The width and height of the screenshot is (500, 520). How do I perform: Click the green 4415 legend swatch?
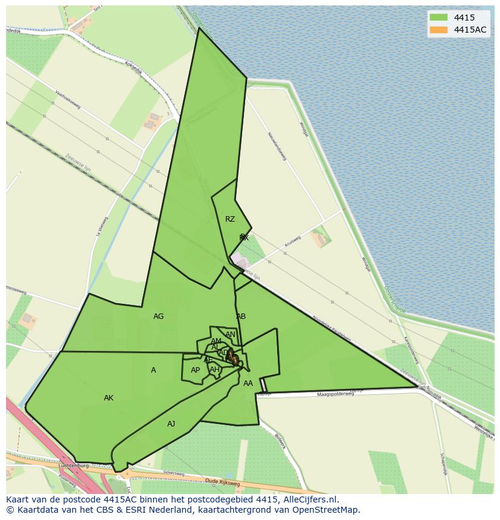(x=438, y=18)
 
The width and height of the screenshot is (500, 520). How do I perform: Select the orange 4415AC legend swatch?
(x=438, y=30)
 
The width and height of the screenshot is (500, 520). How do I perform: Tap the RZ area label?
(x=230, y=219)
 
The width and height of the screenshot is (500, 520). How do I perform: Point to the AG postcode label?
(x=158, y=316)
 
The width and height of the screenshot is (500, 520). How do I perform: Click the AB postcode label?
(x=241, y=316)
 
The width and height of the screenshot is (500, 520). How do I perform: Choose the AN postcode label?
(x=230, y=335)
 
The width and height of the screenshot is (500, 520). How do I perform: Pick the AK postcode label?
(x=109, y=398)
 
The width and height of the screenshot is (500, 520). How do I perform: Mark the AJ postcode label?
(x=171, y=424)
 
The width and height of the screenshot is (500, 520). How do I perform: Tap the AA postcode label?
(x=248, y=384)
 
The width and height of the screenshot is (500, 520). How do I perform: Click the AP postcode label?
(x=195, y=370)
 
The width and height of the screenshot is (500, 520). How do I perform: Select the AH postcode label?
(x=214, y=370)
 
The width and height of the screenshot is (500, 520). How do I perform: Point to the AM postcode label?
(x=216, y=341)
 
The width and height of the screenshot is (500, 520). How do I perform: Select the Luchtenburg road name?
(x=74, y=466)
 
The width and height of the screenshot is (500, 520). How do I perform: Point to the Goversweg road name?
(x=173, y=475)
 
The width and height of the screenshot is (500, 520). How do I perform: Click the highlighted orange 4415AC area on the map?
(x=232, y=358)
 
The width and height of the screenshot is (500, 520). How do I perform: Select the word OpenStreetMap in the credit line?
(x=329, y=510)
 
